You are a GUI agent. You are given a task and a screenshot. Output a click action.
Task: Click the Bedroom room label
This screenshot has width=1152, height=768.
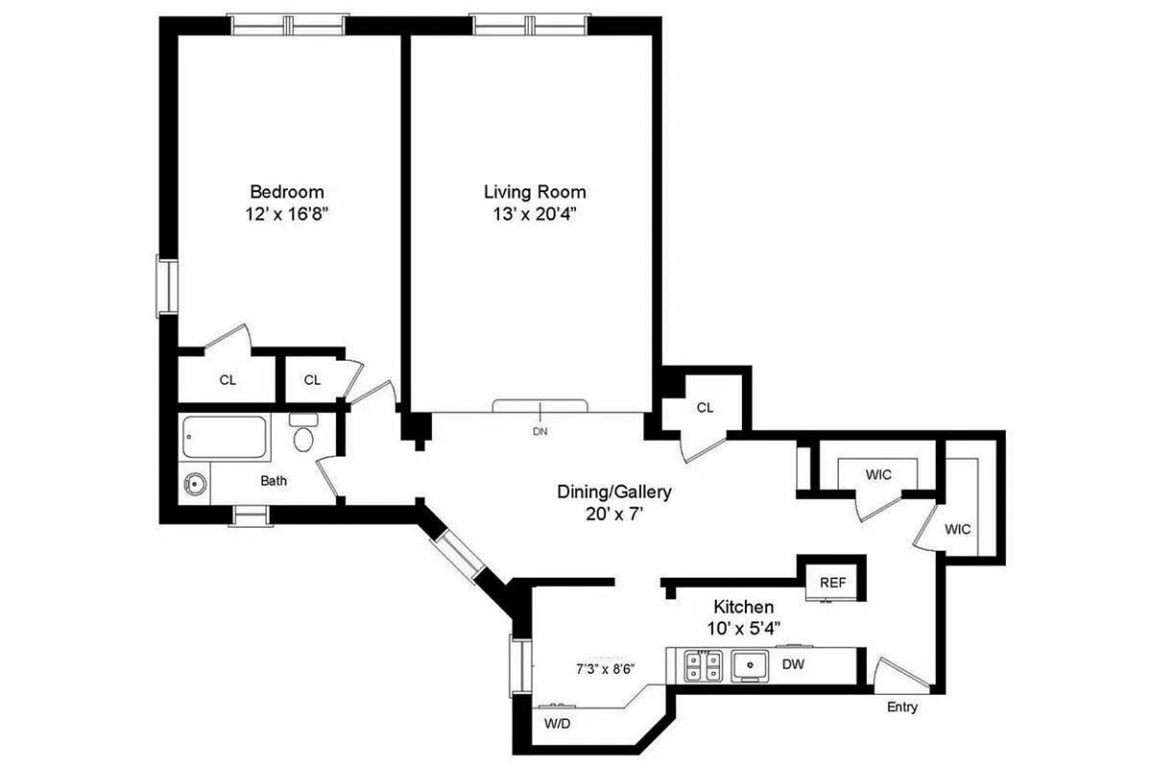pos(287,192)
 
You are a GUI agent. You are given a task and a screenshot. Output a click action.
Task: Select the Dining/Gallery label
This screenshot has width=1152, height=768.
pos(614,492)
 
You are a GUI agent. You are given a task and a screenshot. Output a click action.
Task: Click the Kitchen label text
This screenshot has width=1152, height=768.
pos(743,608)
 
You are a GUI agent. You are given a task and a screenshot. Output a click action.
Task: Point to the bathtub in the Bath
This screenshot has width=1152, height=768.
pos(227,439)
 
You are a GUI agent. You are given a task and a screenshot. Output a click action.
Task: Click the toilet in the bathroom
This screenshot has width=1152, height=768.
pos(304,437)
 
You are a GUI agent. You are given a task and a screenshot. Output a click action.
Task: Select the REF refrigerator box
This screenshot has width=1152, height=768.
pos(832,582)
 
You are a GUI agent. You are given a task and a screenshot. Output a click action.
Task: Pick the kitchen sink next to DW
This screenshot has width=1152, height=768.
pos(750,665)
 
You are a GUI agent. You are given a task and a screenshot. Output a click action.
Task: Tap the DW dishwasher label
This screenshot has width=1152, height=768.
pos(792,664)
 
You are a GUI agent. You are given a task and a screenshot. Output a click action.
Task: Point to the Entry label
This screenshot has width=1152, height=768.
pos(901,708)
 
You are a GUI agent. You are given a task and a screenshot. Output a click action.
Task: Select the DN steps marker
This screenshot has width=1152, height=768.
pos(540,431)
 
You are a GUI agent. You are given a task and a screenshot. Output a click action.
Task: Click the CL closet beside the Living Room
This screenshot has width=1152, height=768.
pos(705,407)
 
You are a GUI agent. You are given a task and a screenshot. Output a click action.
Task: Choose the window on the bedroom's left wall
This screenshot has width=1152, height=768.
pos(167,286)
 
